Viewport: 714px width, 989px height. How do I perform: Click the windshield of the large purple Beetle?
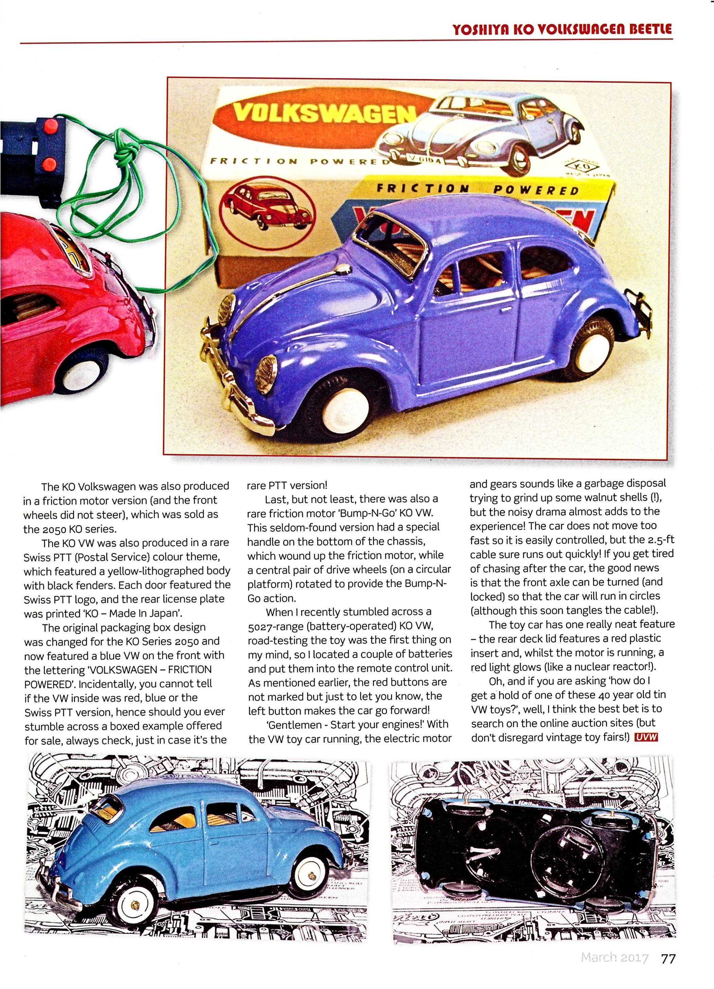point(393,244)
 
